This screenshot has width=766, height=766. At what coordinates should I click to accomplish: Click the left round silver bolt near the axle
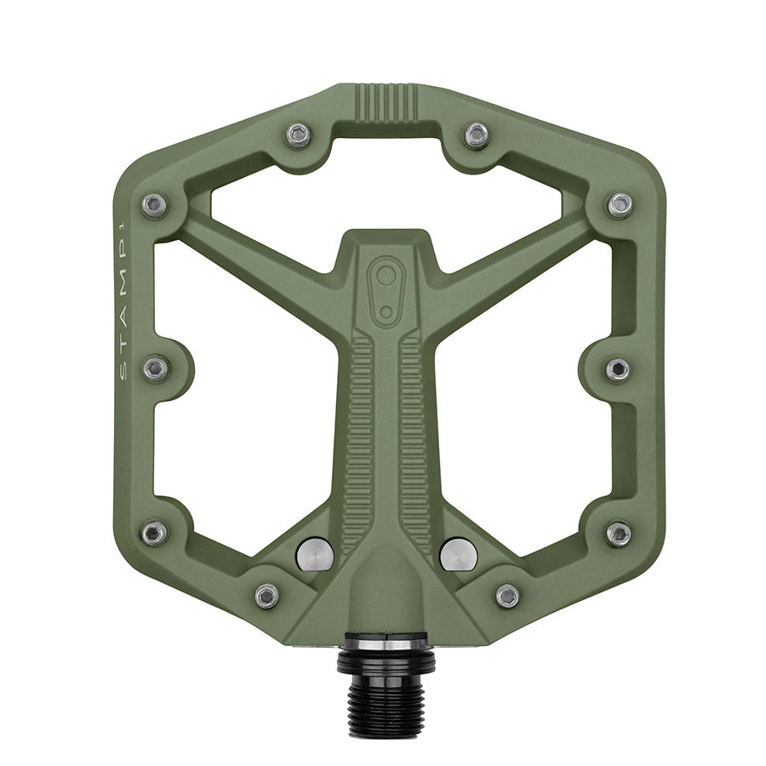tap(315, 554)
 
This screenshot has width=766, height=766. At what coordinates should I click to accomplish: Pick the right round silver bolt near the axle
tap(459, 554)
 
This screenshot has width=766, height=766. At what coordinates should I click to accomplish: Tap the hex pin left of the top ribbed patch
tap(298, 134)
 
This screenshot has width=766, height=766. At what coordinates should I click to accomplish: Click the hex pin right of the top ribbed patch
tap(477, 134)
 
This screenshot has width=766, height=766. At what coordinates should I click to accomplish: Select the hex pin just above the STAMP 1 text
tap(154, 205)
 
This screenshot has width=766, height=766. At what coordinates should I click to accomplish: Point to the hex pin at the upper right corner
tap(620, 205)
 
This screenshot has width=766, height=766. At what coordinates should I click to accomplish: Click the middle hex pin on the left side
tap(156, 369)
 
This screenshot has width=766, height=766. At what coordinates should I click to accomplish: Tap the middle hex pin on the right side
tap(618, 369)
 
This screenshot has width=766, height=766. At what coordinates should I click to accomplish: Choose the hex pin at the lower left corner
tap(154, 534)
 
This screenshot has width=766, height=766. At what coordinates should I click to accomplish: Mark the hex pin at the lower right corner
tap(619, 534)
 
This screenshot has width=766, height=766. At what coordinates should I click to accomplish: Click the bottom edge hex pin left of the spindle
tap(266, 594)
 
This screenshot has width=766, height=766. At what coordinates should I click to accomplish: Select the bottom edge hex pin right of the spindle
tap(507, 594)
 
